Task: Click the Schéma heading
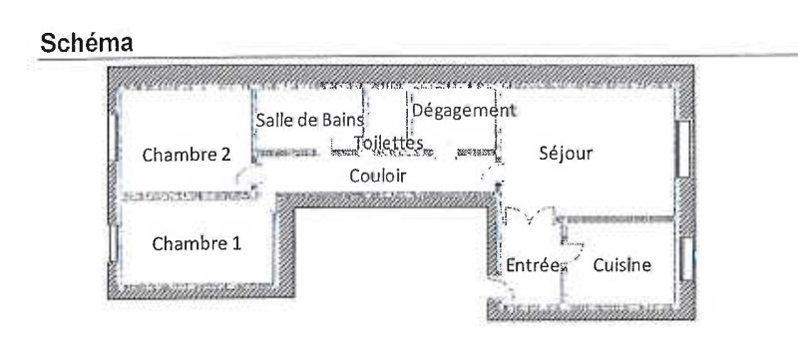(x=87, y=43)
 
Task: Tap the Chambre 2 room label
(x=187, y=155)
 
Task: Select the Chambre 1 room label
(x=197, y=243)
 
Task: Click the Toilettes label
(x=388, y=144)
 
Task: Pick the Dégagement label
(x=464, y=111)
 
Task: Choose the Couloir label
(x=378, y=176)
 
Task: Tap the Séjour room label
(x=566, y=153)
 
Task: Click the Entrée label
(x=533, y=265)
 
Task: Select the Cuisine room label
(x=621, y=265)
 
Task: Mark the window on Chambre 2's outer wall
(x=113, y=138)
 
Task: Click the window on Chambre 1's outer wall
(x=113, y=243)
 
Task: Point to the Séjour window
(x=683, y=149)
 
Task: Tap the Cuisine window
(x=686, y=258)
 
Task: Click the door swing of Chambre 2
(x=248, y=177)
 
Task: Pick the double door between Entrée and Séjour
(x=530, y=215)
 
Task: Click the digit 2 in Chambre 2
(x=226, y=154)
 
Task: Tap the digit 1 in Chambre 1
(x=236, y=243)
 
